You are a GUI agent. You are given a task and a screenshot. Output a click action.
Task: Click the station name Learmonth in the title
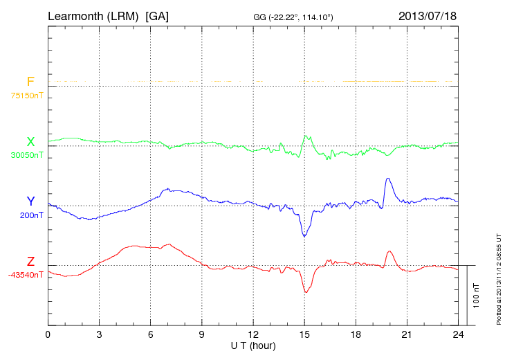[x=75, y=15]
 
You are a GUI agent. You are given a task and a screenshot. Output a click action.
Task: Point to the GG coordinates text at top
[x=294, y=16]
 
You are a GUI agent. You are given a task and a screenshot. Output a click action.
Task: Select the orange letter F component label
[x=30, y=82]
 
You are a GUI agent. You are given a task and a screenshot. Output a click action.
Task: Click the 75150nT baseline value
[x=26, y=96]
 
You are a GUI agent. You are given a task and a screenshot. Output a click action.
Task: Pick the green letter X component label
[x=30, y=141]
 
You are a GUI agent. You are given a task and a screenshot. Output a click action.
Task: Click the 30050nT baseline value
[x=26, y=155]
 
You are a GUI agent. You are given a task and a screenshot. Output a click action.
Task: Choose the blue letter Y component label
[x=30, y=201]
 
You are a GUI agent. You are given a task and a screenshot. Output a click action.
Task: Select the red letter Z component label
[x=30, y=261]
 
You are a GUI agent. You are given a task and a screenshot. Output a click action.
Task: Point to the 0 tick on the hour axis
[x=48, y=334]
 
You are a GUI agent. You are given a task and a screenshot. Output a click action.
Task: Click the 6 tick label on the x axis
[x=150, y=334]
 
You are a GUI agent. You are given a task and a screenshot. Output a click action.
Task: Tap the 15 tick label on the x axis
[x=304, y=334]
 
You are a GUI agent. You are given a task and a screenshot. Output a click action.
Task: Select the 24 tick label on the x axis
[x=458, y=334]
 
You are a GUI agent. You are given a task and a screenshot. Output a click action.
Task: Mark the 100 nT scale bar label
[x=476, y=295]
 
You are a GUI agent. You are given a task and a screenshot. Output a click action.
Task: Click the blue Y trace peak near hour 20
[x=388, y=179]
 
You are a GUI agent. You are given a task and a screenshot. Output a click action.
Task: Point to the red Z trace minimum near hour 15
[x=306, y=292]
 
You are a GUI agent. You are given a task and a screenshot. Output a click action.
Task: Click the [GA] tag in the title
[x=157, y=15]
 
